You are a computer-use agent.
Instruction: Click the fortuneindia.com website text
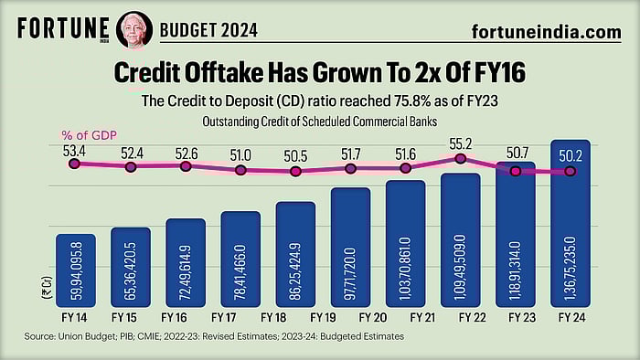pos(547,31)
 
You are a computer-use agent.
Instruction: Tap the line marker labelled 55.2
pos(461,158)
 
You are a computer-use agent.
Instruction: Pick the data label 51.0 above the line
pos(241,155)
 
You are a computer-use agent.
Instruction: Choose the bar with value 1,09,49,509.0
pos(461,242)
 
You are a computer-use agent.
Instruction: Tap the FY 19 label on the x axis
pos(324,318)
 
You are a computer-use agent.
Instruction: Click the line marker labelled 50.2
pos(571,172)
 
